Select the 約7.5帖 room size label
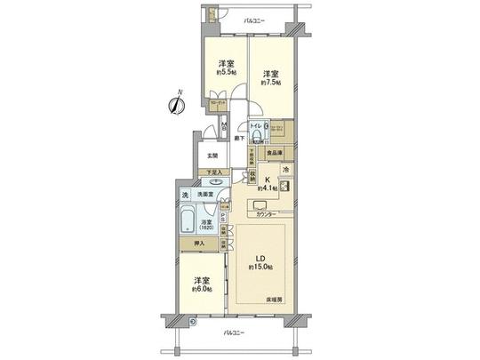(271, 82)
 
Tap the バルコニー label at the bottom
(234, 333)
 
